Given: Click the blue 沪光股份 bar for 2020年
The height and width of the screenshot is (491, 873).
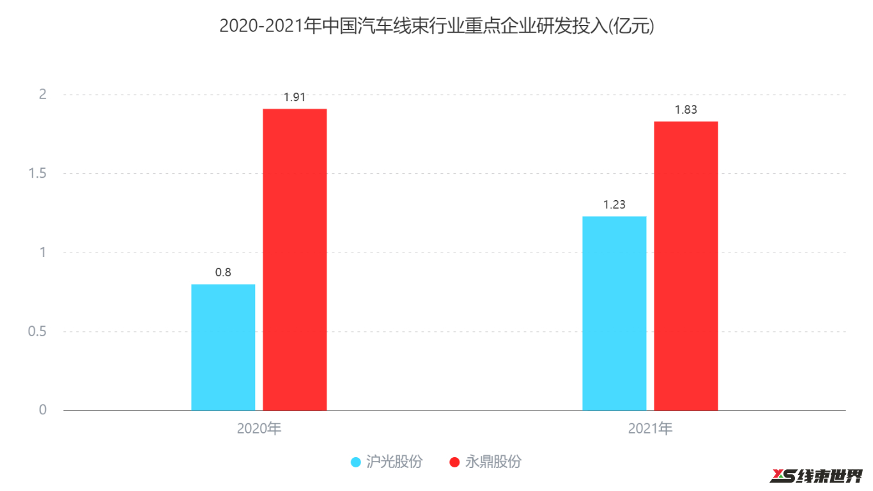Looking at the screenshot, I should point(223,347).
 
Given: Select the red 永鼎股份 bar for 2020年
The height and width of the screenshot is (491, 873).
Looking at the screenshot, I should point(295,260).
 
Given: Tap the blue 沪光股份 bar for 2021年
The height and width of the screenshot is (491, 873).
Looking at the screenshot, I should point(614,313).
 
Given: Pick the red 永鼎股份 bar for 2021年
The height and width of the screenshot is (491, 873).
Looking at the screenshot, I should point(686,266).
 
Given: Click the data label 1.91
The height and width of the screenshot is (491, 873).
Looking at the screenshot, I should point(295,97).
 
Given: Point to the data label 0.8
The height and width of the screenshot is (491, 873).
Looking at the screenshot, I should point(223,272).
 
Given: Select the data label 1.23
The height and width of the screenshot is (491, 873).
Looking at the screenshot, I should point(614,205).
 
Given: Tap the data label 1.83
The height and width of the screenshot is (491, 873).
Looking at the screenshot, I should point(686,110).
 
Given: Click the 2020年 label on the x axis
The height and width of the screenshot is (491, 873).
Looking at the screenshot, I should point(259,428).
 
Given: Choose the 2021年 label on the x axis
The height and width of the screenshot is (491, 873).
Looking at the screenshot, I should point(650,428).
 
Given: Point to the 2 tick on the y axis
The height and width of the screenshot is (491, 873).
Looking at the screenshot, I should point(43,95).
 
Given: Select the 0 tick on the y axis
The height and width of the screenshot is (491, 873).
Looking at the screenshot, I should point(43,410).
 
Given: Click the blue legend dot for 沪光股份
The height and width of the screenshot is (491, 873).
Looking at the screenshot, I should point(357,462).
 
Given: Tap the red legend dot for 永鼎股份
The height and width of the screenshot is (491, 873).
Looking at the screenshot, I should point(455,462).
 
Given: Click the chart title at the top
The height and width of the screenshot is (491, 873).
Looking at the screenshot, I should point(436,26).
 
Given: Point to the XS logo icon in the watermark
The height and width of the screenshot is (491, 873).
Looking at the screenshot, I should point(784,476).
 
